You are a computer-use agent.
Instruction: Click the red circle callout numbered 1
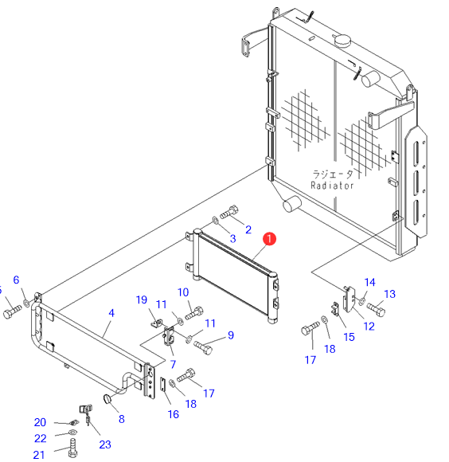[269, 239]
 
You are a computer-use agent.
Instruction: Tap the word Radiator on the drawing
[332, 186]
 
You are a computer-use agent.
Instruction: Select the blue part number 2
[248, 229]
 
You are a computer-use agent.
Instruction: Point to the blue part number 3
[233, 239]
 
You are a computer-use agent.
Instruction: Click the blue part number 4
[111, 313]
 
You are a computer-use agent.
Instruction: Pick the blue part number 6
[16, 280]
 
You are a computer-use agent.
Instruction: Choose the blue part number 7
[173, 364]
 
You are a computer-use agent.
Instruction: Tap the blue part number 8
[122, 419]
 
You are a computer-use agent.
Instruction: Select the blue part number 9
[231, 335]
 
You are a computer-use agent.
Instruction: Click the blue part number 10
[183, 292]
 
